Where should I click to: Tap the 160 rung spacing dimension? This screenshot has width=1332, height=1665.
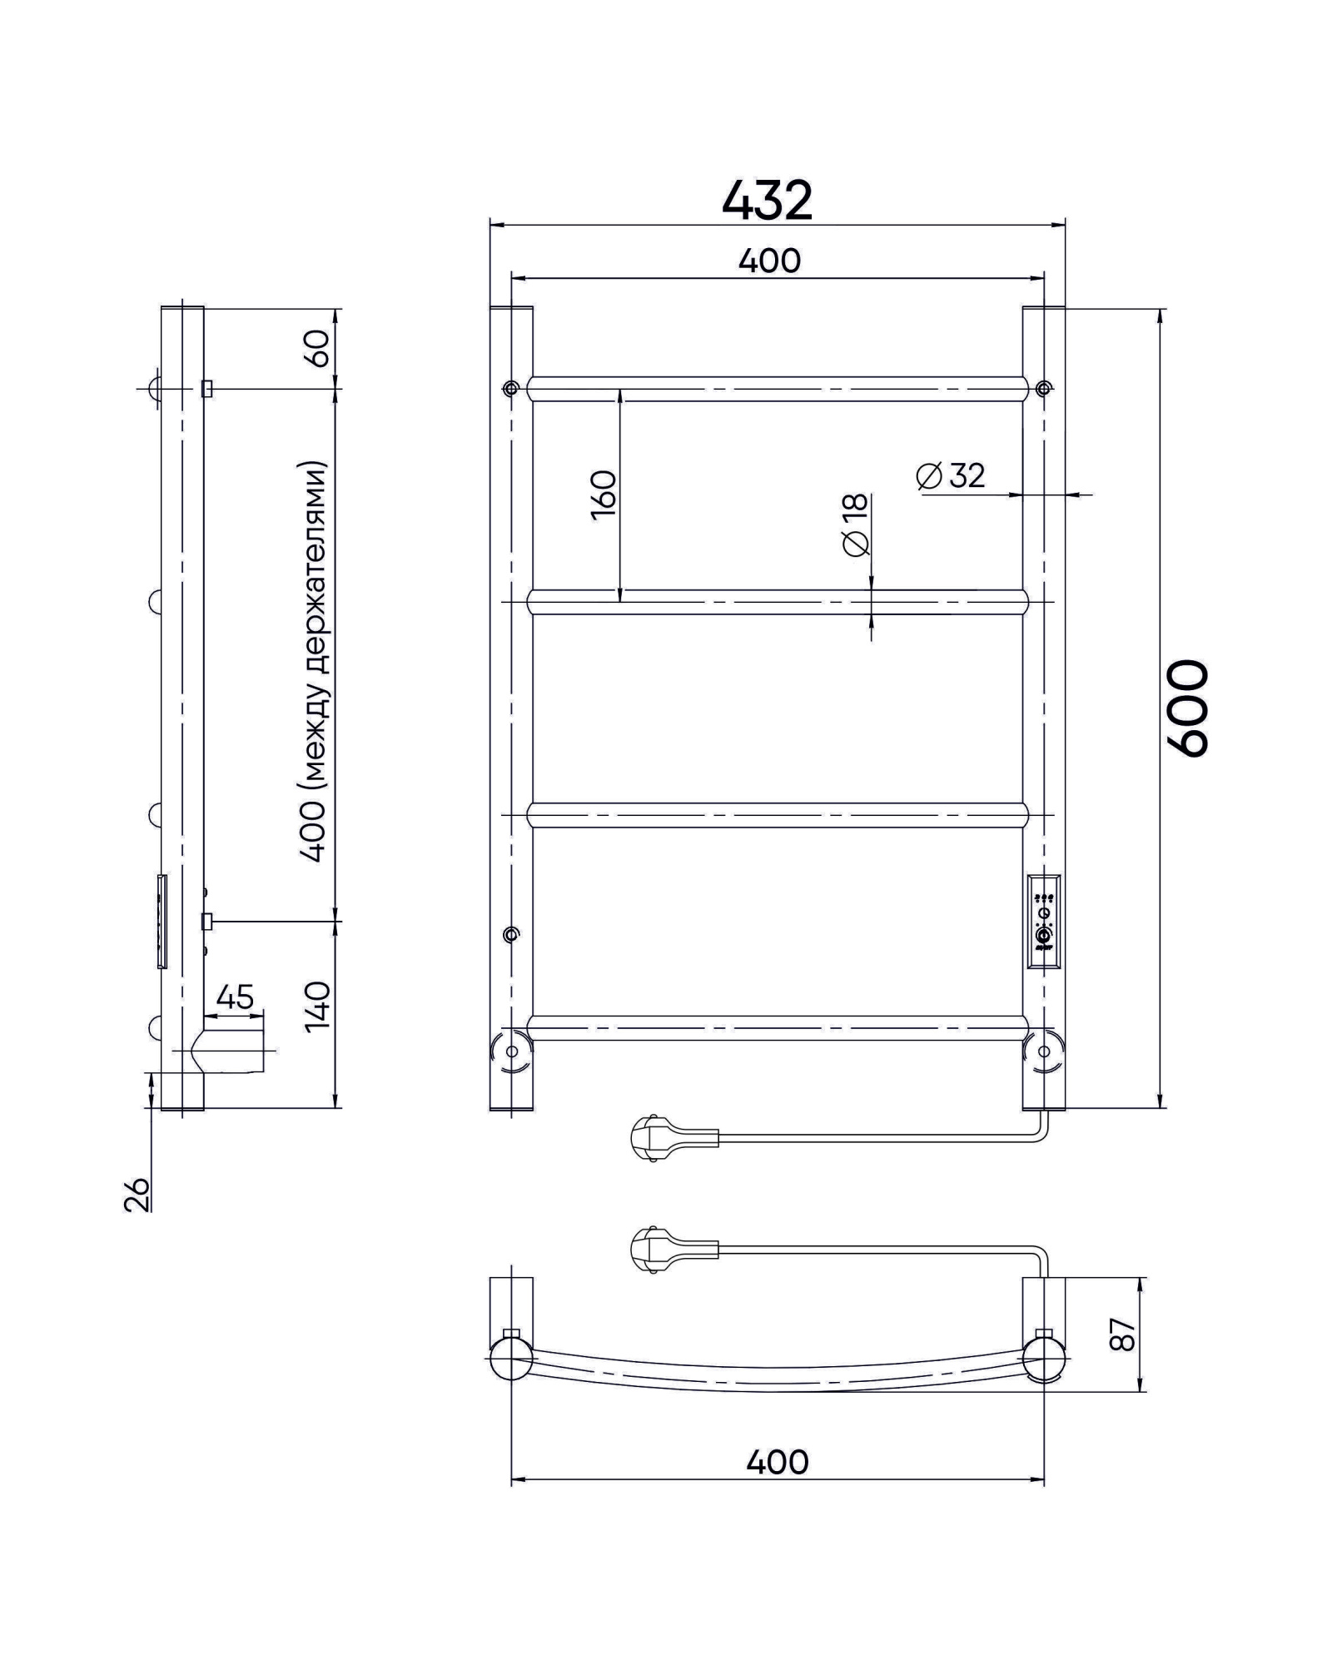point(604,495)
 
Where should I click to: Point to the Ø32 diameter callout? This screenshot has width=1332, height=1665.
point(951,475)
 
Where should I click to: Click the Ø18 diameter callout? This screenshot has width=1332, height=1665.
point(855,524)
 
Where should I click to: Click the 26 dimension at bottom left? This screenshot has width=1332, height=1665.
point(140,1194)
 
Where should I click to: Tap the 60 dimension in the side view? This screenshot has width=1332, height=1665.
point(318,348)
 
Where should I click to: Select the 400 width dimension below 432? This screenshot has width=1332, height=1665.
point(769,261)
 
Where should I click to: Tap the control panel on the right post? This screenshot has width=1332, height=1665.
point(1043,921)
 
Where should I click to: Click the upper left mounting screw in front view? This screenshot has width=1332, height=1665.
point(510,388)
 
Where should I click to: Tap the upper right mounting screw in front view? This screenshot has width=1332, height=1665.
point(1043,388)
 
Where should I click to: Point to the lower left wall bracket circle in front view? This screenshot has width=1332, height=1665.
point(511,1051)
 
